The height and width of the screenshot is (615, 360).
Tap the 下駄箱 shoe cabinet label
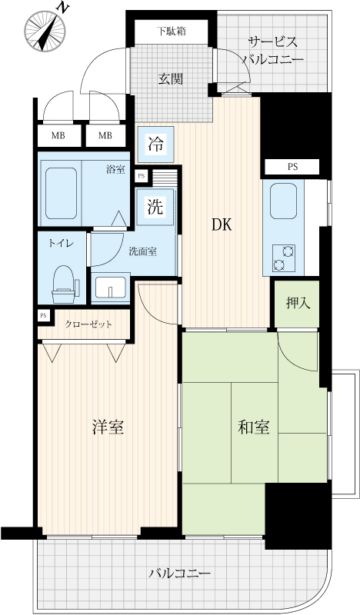coord(172,32)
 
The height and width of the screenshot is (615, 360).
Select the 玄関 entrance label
coord(171,79)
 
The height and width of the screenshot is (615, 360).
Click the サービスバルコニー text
coord(273,51)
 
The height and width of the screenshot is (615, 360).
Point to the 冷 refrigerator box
coord(155,145)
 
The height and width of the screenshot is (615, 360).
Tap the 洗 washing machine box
coord(155,207)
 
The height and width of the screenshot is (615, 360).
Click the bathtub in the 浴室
coord(61,193)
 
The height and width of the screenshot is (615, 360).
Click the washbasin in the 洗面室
coord(111,288)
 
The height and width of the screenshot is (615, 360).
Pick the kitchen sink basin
coord(283,201)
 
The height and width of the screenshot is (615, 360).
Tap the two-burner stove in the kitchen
coord(284,258)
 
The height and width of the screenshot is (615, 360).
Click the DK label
coord(222,225)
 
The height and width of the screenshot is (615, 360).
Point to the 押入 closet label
coord(298,303)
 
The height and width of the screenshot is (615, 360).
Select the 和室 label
coord(254,427)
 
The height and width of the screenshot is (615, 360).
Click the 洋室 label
coord(108,427)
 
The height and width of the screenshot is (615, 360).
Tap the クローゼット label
coord(88,324)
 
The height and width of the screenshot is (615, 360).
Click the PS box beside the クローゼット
coord(44,316)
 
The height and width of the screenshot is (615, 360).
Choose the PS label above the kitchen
coord(292,167)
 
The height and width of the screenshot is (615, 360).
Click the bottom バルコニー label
coord(180,573)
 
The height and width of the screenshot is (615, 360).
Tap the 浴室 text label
coord(115,170)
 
